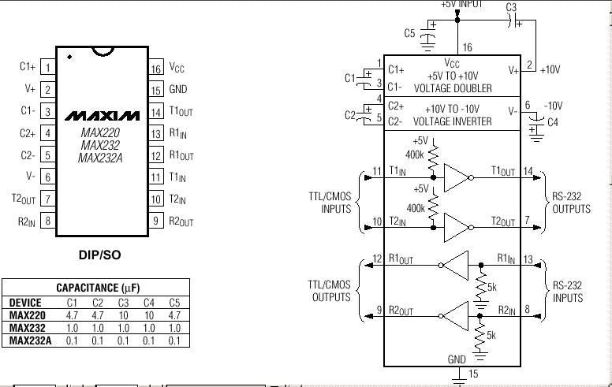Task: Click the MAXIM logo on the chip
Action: [x=102, y=116]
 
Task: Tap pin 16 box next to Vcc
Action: [x=155, y=69]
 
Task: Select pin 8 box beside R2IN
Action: [x=47, y=221]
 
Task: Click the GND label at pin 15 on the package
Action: [x=178, y=89]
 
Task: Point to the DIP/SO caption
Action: [x=100, y=255]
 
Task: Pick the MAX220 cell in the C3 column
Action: [x=123, y=315]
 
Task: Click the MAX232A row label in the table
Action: [x=30, y=340]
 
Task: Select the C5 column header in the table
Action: [x=174, y=303]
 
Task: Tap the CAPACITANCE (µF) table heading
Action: [x=98, y=288]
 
